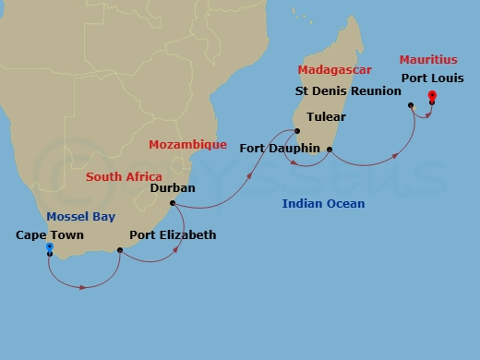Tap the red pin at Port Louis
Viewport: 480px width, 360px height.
(x=431, y=95)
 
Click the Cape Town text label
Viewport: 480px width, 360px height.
(x=50, y=235)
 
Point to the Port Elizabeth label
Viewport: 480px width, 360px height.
(x=173, y=235)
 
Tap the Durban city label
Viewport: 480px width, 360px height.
(x=172, y=187)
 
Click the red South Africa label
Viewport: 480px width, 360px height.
(x=124, y=176)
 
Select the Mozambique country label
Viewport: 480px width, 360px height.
(x=187, y=145)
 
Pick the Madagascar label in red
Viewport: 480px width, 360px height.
(x=335, y=70)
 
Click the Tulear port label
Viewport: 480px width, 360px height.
(x=325, y=117)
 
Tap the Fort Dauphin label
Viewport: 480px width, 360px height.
(x=279, y=148)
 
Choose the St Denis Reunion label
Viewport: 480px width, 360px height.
(x=348, y=91)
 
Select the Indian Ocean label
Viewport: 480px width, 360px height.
(x=323, y=204)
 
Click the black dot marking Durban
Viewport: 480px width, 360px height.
(x=173, y=203)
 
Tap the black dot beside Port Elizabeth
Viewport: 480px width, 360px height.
(x=121, y=249)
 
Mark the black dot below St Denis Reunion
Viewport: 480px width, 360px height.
(x=411, y=105)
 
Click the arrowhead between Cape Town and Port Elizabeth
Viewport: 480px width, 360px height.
(x=84, y=287)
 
